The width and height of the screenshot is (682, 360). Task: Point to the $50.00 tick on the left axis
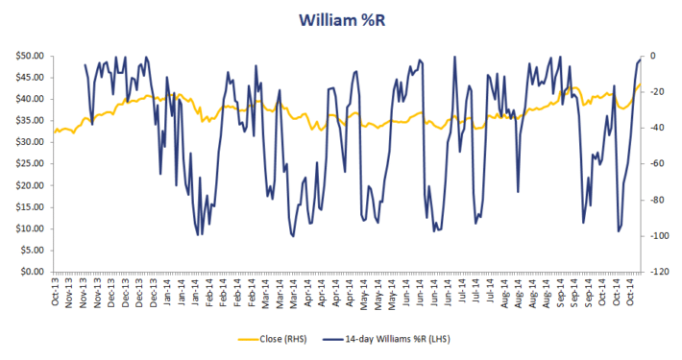pos(28,56)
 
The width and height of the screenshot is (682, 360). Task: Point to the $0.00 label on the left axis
pos(30,272)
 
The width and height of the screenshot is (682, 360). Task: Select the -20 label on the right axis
pos(656,92)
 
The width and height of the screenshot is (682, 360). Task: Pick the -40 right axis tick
pos(656,128)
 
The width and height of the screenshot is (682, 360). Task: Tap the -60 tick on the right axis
pos(656,164)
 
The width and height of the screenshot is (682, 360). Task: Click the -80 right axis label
pos(656,200)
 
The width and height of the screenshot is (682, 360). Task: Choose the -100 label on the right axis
pos(658,236)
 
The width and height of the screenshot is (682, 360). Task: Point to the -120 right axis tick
pos(658,272)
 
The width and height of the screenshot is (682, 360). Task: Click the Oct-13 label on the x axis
pos(56,292)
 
